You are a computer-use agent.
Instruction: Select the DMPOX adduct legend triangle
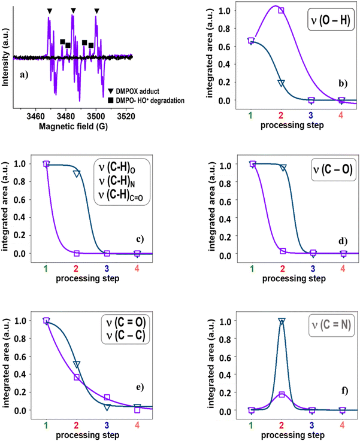tap(111, 91)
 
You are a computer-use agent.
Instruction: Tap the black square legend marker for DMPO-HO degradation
tap(111, 100)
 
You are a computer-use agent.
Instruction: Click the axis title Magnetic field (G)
tap(73, 127)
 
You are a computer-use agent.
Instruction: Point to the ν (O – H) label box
tap(331, 20)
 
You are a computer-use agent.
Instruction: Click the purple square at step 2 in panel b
tap(281, 10)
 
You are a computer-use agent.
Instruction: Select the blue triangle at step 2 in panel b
tap(281, 83)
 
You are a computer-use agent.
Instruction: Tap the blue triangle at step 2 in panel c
tap(77, 174)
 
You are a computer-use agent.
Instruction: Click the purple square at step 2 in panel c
tap(77, 253)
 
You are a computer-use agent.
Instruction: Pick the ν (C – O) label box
tap(333, 169)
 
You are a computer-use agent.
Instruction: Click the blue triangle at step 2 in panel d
tap(283, 168)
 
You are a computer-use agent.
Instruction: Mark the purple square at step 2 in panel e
tap(77, 377)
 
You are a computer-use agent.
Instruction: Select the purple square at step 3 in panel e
tap(107, 397)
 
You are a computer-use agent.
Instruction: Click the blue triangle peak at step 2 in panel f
tap(282, 321)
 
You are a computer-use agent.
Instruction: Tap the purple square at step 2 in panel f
tap(282, 394)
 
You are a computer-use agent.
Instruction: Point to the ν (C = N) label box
tap(331, 325)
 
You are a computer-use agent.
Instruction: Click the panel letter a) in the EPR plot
tap(24, 75)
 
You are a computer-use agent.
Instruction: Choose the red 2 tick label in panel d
tap(283, 269)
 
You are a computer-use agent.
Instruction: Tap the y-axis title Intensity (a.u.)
tap(5, 57)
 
